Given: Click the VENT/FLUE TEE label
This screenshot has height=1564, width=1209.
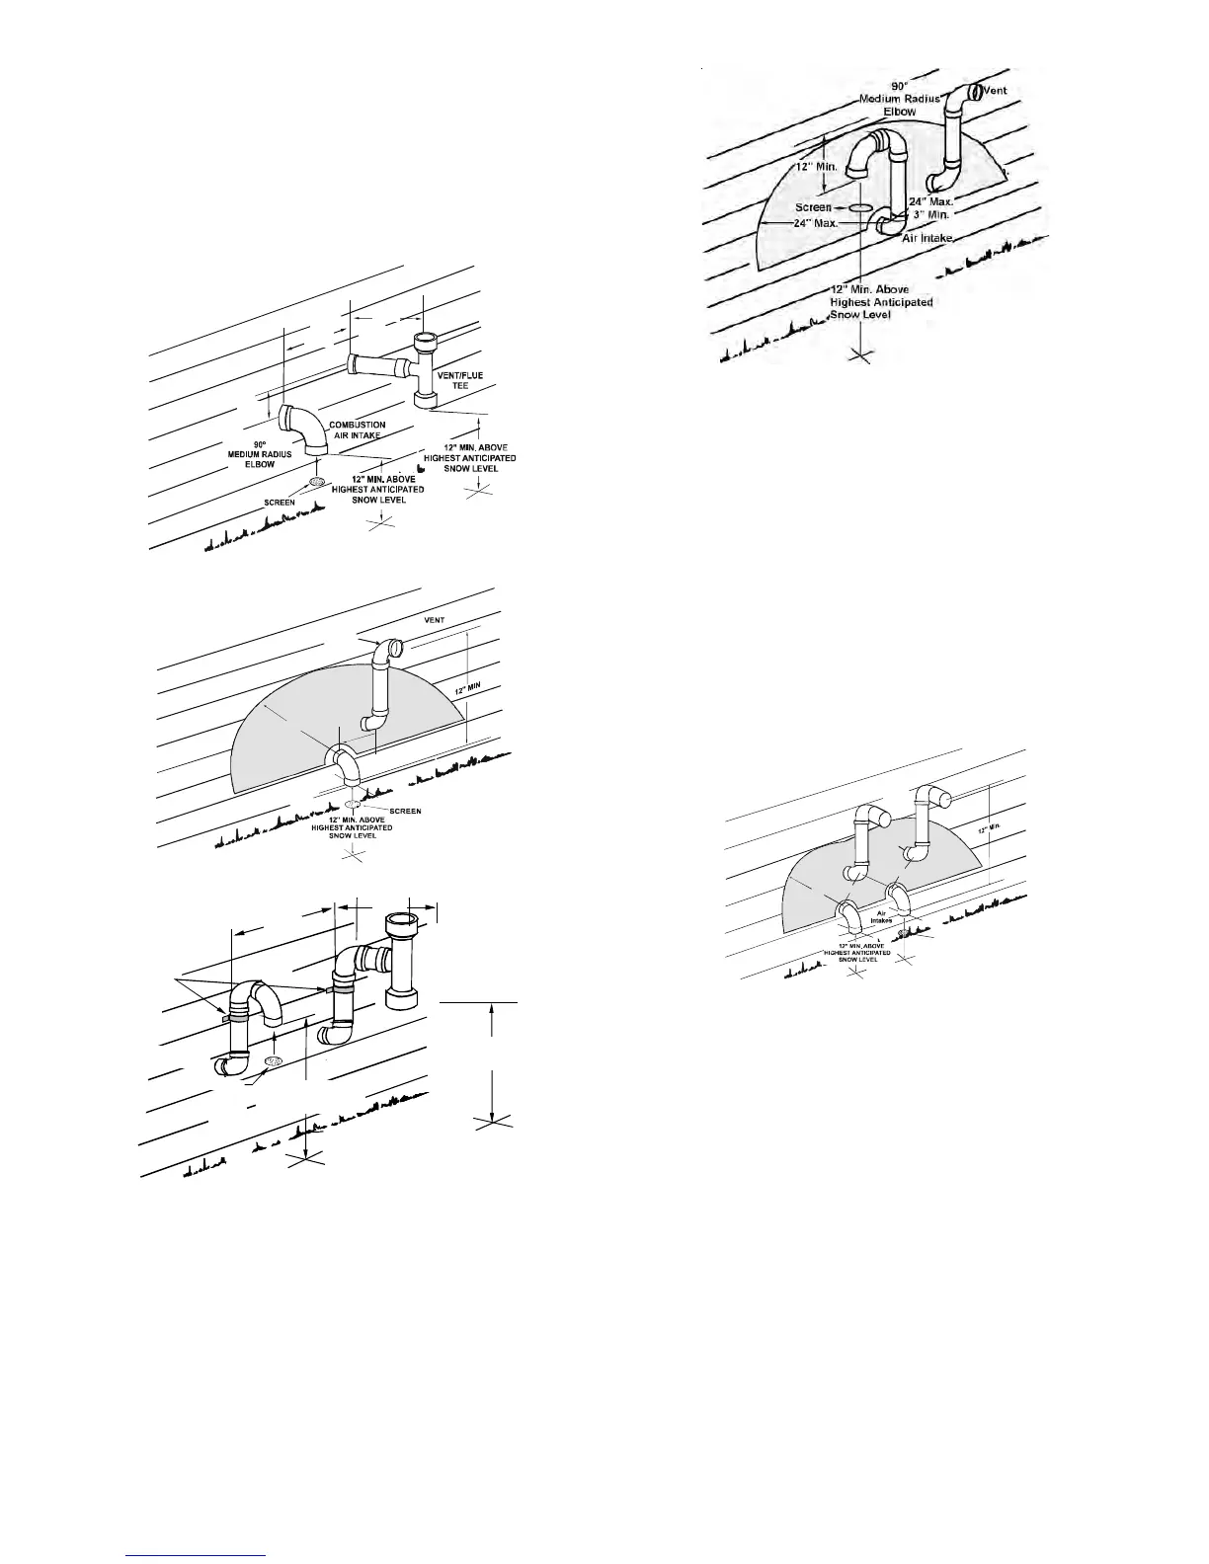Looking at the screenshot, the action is tap(459, 380).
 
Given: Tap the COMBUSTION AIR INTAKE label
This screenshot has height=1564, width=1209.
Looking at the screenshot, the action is tap(357, 430).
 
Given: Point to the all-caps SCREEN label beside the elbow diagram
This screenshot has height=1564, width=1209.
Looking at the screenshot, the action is tap(279, 502).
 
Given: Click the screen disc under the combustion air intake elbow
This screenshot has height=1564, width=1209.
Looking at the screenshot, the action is tap(318, 482).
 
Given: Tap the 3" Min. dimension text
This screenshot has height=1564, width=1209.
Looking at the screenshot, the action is tap(930, 214).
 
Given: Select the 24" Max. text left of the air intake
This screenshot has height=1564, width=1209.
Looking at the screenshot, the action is tap(816, 223).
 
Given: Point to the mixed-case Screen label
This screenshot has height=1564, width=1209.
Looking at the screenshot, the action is tap(814, 208).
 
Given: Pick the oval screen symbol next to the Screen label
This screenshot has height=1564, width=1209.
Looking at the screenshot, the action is tap(860, 209).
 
